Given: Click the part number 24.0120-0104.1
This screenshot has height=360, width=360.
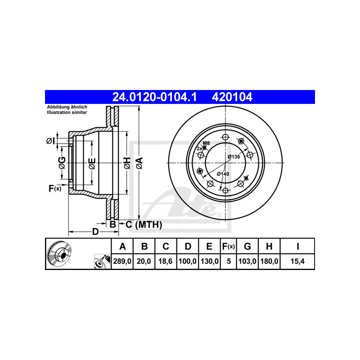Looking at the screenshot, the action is [154, 97].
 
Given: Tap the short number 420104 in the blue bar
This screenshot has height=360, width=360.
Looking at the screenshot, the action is [232, 97].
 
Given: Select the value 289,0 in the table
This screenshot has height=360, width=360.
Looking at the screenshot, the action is [122, 261].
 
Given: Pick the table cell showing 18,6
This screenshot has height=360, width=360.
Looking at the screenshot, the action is [166, 261].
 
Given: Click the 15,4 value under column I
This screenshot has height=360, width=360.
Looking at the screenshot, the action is [297, 261].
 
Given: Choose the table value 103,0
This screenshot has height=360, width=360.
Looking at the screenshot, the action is [247, 261].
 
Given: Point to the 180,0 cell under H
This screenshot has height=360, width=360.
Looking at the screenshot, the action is [269, 261].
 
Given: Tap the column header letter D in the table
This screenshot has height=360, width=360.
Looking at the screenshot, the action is [188, 246].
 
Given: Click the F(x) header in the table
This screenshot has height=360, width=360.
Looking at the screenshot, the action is [229, 246].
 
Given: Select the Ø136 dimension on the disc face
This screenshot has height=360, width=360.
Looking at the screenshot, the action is [234, 157].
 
